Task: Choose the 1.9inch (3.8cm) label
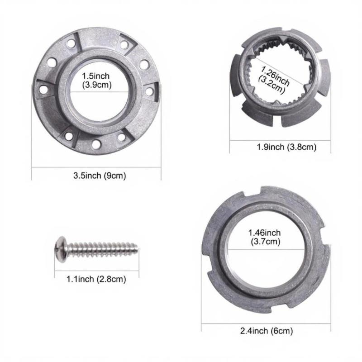280,147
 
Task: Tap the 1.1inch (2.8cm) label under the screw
96,279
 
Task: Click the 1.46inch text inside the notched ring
265,233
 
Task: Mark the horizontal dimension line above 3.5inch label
96,167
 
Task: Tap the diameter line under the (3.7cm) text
265,248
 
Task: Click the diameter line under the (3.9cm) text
96,91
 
